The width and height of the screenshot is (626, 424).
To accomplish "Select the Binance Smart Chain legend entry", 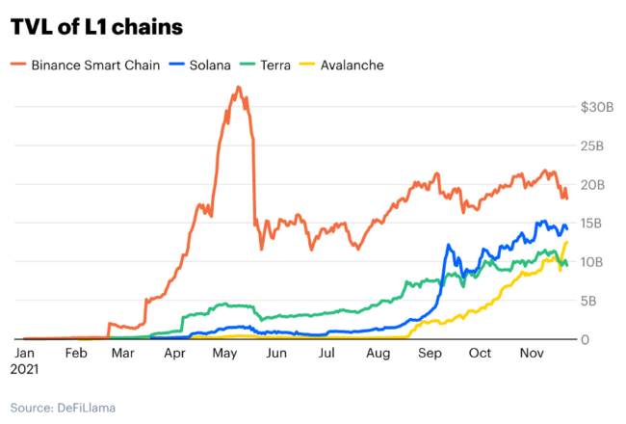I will click(x=92, y=66).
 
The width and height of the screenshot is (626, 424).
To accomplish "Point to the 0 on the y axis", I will click(x=586, y=339).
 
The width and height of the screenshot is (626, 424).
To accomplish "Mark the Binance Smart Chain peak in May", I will click(x=238, y=88).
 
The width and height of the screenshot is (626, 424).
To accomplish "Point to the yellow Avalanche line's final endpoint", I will click(x=566, y=242).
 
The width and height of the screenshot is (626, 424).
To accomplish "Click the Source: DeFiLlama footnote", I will click(x=64, y=408).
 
